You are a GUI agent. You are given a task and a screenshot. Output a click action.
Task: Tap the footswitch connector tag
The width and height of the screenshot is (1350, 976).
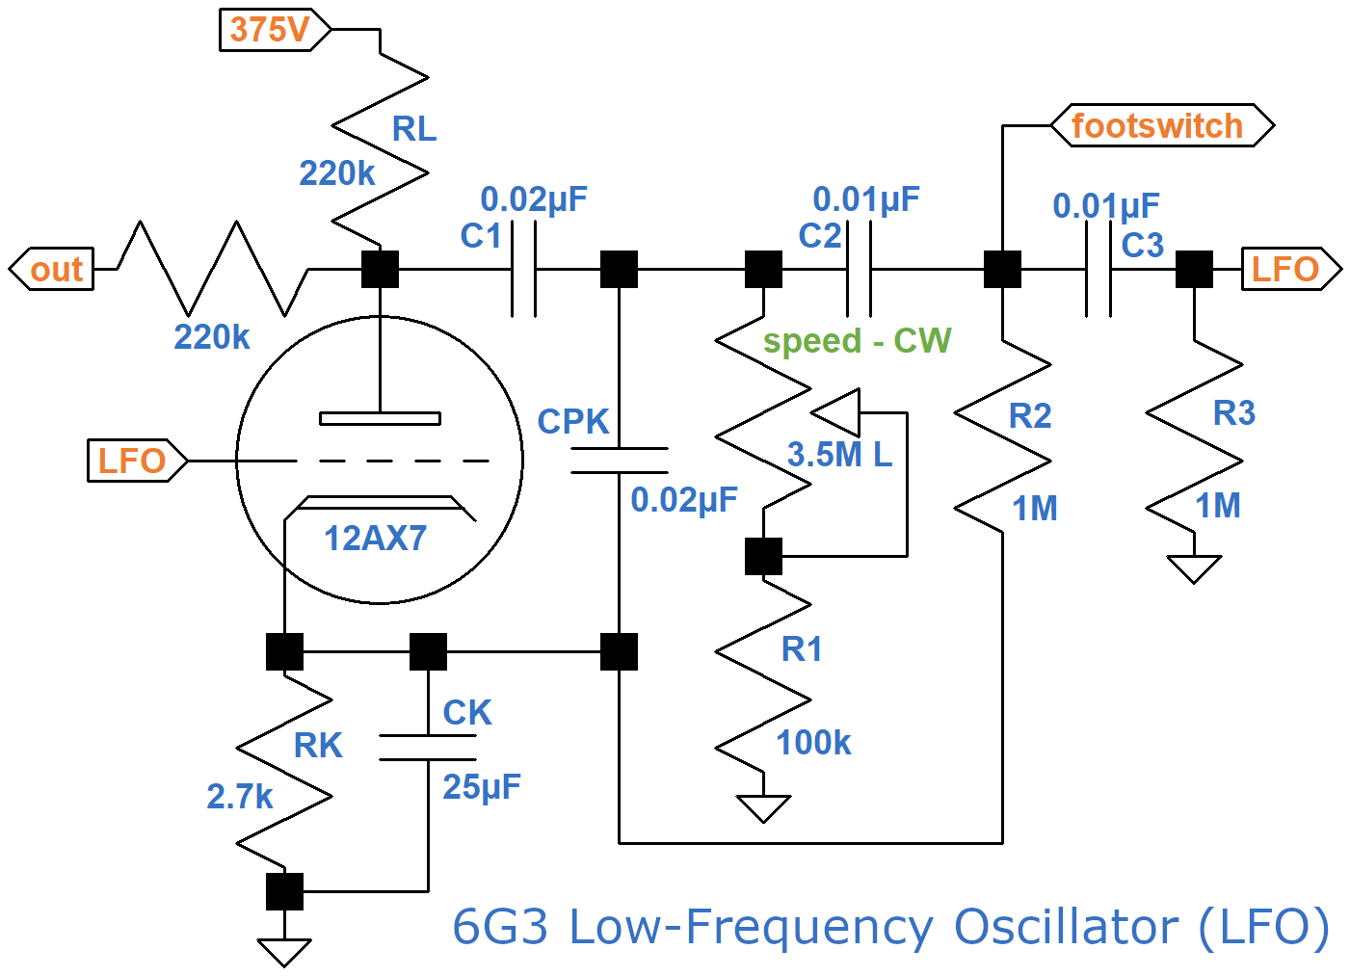coord(1158,126)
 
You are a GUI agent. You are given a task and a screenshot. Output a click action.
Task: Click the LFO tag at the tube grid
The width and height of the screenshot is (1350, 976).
coord(132,462)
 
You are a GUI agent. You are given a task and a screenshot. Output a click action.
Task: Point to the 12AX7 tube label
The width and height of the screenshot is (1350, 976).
coord(375,539)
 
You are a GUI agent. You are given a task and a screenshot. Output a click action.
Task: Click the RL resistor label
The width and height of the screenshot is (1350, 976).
coord(414,129)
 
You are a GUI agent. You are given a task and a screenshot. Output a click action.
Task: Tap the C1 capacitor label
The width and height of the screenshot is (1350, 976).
coord(481,236)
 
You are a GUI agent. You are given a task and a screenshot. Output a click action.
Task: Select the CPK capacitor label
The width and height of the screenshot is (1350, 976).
coord(573,422)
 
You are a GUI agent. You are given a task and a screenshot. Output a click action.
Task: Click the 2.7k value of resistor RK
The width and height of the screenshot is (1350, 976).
coord(240,797)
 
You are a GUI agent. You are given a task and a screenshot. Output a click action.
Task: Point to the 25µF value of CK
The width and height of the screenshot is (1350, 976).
coord(482,787)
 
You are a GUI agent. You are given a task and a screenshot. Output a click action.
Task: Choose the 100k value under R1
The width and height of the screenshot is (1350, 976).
coord(813,743)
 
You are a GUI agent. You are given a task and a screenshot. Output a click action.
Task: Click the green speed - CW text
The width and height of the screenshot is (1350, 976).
coord(857,341)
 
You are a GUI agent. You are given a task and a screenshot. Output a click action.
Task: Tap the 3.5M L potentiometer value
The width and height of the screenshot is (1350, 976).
coord(839,455)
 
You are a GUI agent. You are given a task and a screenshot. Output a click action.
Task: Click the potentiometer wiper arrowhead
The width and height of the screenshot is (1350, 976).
coord(837,413)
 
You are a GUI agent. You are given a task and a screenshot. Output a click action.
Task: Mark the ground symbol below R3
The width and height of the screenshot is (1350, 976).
coord(1194,568)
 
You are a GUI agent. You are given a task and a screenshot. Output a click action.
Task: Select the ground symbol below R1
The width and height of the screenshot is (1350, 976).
coord(763,807)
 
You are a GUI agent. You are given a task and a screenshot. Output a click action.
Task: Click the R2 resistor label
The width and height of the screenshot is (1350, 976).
coord(1030,416)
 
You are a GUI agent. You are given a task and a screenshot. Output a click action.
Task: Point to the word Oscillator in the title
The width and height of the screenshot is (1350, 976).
coord(1066,928)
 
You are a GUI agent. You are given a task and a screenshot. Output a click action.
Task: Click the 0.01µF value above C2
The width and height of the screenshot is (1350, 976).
coord(866,199)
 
